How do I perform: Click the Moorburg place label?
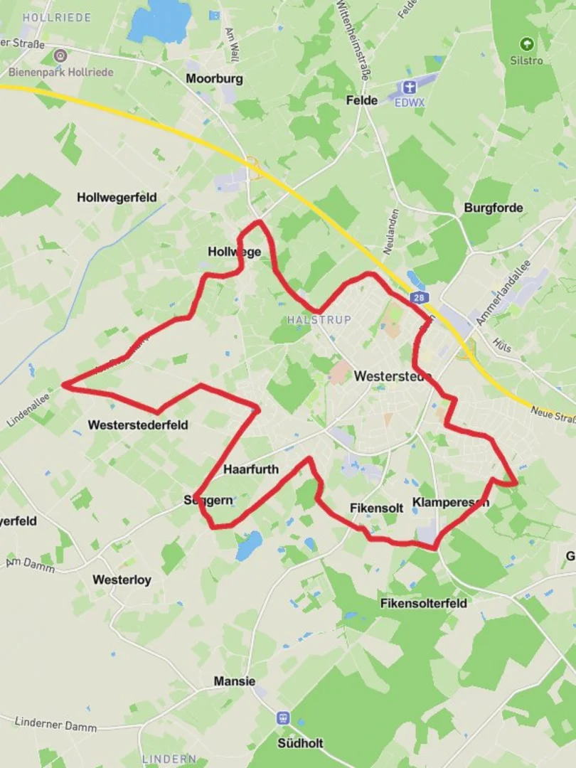[x=214, y=78]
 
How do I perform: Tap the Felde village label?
[x=361, y=100]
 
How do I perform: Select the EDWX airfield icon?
[x=407, y=87]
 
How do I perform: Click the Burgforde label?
[x=493, y=208]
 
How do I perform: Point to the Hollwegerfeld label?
[x=117, y=197]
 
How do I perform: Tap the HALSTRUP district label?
[x=319, y=320]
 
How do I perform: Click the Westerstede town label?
[x=393, y=376]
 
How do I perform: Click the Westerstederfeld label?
[x=138, y=425]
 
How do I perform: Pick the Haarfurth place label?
[x=251, y=469]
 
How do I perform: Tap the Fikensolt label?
[x=376, y=508]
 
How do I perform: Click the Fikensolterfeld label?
[x=424, y=603]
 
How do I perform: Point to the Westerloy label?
[x=122, y=580]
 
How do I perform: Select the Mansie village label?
[x=234, y=681]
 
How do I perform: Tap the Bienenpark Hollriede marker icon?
[x=60, y=55]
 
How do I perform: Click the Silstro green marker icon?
[x=526, y=44]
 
